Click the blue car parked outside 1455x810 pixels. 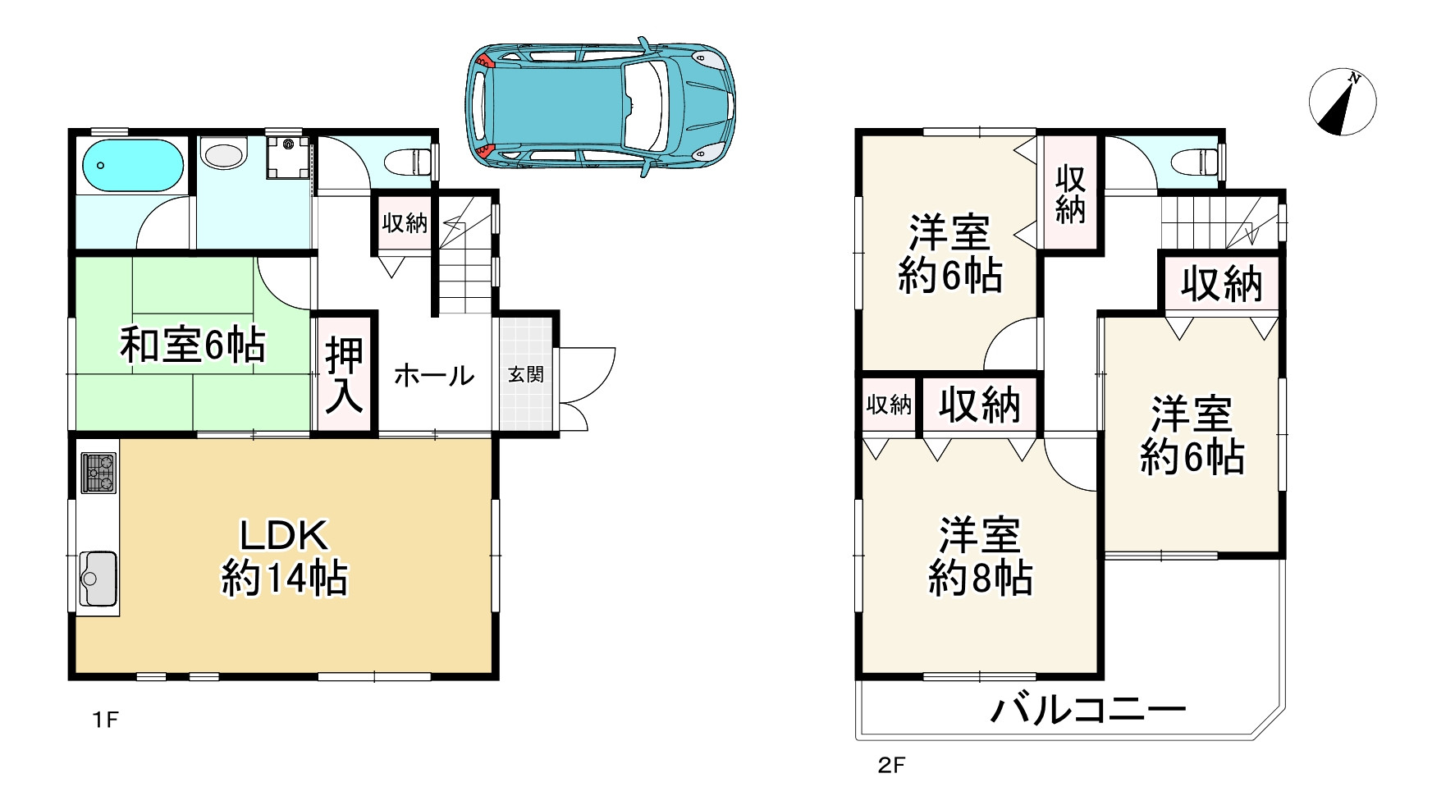click(x=600, y=106)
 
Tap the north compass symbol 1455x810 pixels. click(x=1342, y=102)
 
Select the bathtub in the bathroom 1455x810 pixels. click(x=131, y=165)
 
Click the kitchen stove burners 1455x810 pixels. click(x=98, y=474)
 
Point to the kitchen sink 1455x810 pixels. click(x=98, y=578)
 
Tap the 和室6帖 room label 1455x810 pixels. click(x=193, y=345)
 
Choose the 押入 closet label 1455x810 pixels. click(x=344, y=374)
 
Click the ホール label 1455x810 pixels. click(x=434, y=376)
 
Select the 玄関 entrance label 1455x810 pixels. click(x=525, y=375)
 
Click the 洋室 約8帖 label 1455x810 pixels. click(x=980, y=557)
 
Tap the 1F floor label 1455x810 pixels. click(x=106, y=721)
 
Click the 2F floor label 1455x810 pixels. click(x=891, y=767)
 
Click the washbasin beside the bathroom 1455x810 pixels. click(x=223, y=153)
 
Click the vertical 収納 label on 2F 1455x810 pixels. click(x=1070, y=194)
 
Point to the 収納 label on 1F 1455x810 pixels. click(x=405, y=222)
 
